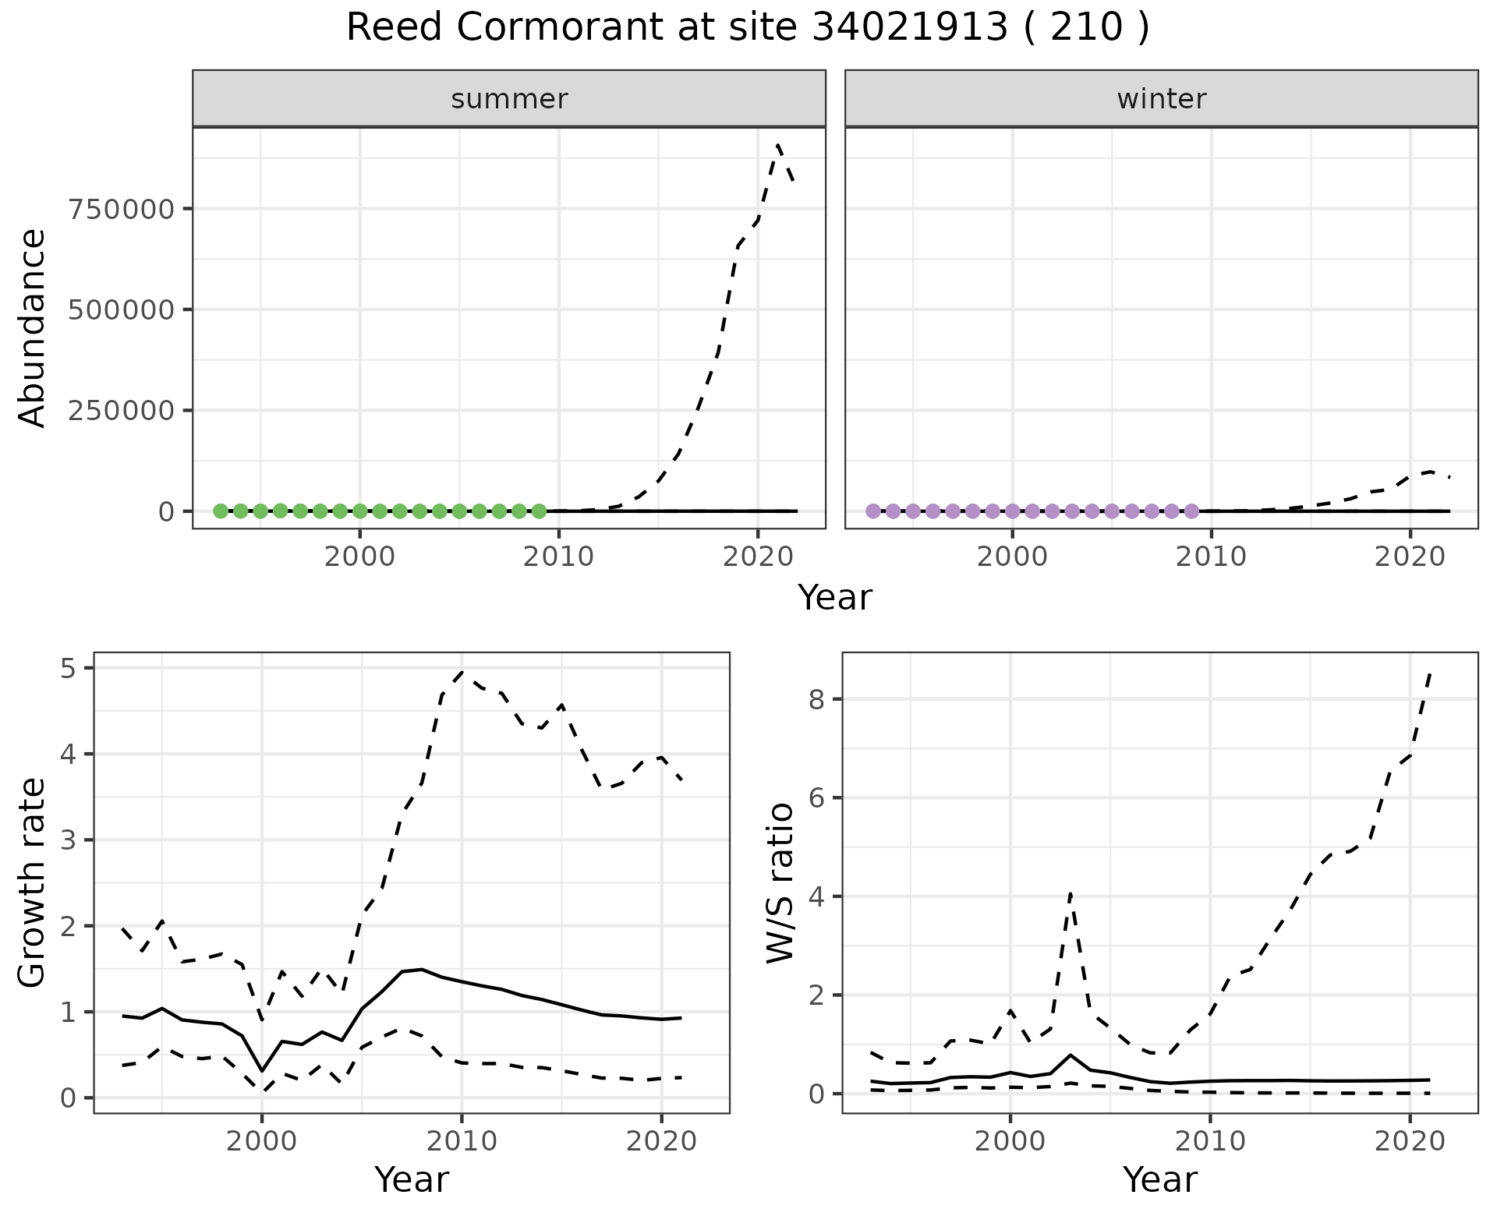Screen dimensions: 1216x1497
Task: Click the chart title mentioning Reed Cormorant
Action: (747, 29)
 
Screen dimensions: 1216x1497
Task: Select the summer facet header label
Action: (509, 99)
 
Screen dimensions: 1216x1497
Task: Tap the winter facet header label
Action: (1161, 99)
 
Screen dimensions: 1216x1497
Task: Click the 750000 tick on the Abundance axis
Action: (122, 209)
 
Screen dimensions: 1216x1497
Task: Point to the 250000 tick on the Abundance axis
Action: (122, 410)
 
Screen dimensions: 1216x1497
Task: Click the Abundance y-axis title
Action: (33, 327)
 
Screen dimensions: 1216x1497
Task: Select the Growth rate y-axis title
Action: (33, 883)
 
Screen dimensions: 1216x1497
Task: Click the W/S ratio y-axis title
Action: (780, 883)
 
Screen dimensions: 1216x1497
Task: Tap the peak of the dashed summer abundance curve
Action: (778, 145)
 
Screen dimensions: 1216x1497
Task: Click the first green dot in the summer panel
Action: (221, 511)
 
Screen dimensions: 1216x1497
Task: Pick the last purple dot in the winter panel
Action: (1191, 511)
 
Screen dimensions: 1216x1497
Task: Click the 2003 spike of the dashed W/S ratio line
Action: (1071, 893)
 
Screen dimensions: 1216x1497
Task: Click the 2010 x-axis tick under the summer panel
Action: (558, 557)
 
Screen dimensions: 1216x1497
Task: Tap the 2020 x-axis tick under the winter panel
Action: (1410, 557)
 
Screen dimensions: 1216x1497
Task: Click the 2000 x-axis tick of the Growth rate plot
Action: (262, 1142)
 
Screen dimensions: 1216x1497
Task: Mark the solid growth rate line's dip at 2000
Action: (262, 1070)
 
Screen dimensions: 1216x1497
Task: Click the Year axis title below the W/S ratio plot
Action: (1159, 1180)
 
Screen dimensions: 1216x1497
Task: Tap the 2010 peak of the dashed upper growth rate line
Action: (462, 671)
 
